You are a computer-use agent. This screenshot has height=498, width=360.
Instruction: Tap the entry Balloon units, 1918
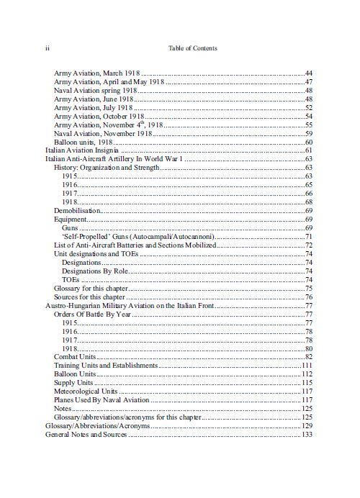(83, 142)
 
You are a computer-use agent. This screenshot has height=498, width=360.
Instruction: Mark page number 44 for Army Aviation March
(308, 74)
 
